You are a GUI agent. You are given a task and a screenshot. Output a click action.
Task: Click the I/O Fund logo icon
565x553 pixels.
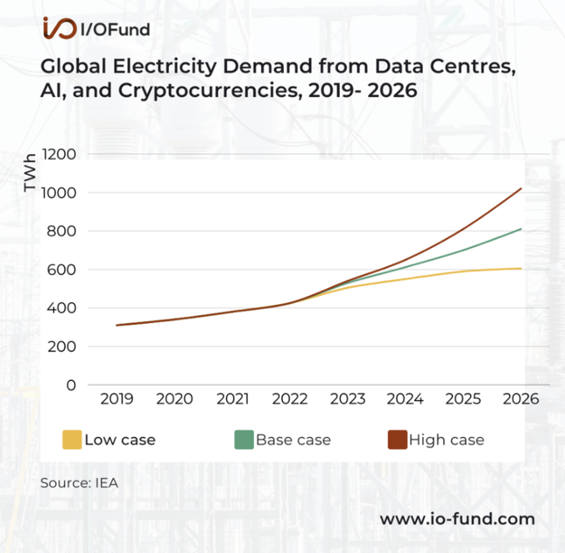(59, 28)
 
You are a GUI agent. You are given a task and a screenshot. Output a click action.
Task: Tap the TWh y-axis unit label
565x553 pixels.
(30, 176)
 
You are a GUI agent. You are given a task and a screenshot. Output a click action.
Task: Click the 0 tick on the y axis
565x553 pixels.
(71, 385)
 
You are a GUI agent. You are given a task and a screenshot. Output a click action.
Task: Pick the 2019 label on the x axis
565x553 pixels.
(117, 399)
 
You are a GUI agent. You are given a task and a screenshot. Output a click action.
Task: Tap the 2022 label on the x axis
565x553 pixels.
(291, 399)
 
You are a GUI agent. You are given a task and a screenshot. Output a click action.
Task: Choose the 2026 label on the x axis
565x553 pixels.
(521, 399)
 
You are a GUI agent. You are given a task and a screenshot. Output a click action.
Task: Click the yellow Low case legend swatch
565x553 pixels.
(72, 439)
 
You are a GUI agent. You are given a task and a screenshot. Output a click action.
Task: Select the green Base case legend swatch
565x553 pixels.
(243, 439)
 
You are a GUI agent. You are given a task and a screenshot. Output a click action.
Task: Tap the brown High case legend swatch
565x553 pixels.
(397, 439)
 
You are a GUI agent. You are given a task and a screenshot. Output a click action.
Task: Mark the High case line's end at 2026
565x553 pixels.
(521, 189)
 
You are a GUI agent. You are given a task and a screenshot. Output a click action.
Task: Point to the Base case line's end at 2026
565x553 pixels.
(521, 229)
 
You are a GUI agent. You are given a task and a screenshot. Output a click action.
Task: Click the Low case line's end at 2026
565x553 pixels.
(521, 268)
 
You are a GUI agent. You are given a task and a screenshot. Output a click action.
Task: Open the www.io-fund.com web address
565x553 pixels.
(457, 519)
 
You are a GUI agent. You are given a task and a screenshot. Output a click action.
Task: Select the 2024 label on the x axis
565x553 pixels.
(406, 399)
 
